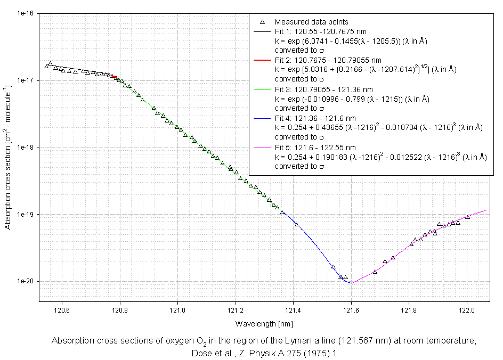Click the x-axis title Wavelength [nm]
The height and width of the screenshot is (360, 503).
(x=264, y=324)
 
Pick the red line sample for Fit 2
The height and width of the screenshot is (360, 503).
(x=262, y=61)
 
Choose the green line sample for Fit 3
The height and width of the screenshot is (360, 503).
(x=262, y=89)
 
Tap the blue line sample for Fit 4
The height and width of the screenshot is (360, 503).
(x=262, y=118)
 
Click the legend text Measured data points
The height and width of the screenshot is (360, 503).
(x=311, y=22)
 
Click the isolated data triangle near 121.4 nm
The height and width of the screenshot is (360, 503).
(x=297, y=224)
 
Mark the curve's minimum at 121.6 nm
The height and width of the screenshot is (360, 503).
(x=351, y=283)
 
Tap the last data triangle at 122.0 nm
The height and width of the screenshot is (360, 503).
(x=467, y=217)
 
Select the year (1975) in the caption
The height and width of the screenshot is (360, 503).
(x=309, y=353)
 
